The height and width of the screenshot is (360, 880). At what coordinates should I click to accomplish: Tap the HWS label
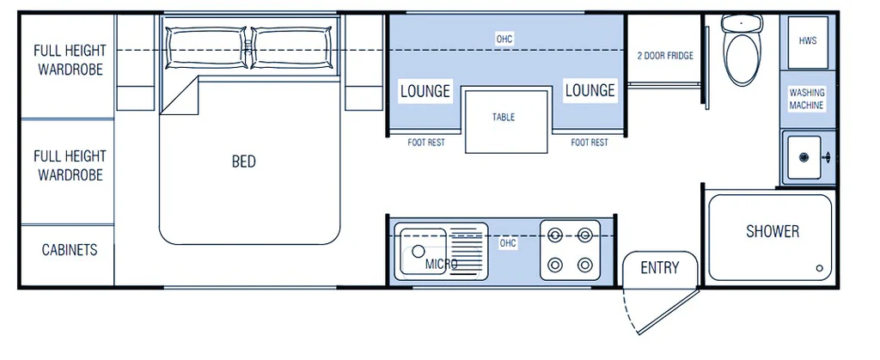click(808, 41)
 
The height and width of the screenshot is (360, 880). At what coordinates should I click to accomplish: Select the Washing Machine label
click(807, 99)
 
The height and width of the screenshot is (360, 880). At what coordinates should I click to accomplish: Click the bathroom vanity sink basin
click(804, 157)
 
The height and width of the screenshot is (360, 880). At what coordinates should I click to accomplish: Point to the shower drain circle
click(819, 268)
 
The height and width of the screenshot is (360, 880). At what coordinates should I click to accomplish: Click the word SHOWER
click(773, 231)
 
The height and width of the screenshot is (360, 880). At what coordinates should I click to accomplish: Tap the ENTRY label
click(660, 268)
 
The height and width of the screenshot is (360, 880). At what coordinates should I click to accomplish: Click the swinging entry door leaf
click(669, 311)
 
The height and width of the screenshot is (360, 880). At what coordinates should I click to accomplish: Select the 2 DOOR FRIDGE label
click(665, 56)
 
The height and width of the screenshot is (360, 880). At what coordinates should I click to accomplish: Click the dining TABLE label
click(504, 117)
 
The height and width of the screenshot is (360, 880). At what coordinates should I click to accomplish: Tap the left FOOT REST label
click(426, 143)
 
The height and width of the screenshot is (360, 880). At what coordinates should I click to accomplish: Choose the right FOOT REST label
click(590, 143)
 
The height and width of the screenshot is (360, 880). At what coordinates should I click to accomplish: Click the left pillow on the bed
click(207, 47)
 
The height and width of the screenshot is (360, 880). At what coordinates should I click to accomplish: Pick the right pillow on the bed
click(290, 47)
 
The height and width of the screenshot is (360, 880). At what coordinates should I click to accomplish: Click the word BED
click(243, 162)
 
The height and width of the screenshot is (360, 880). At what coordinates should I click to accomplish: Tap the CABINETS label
click(70, 249)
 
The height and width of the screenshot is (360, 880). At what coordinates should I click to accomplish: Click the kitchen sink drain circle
click(419, 251)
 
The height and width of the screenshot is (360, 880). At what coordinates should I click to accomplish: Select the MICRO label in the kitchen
click(441, 264)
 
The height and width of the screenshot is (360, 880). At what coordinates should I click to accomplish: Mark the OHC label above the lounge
click(504, 40)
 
